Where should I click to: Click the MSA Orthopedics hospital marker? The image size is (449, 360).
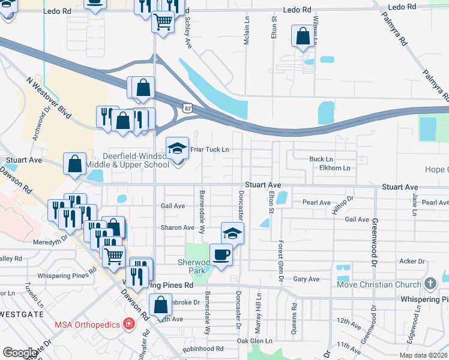pos(128,325)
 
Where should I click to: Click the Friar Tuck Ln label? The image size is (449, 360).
pos(209,149)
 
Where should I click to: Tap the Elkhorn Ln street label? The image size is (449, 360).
pos(334,168)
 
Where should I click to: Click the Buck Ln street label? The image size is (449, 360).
pos(316,159)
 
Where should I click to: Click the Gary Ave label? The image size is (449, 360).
pos(306,279)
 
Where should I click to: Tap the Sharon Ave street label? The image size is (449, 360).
pos(177,228)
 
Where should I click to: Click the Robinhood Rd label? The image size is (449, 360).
pos(203,349)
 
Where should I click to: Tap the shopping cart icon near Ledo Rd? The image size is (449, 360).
pos(163,22)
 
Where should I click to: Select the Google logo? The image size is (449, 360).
pos(20,352)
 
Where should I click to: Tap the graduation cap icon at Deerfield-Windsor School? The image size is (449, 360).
pos(178,148)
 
